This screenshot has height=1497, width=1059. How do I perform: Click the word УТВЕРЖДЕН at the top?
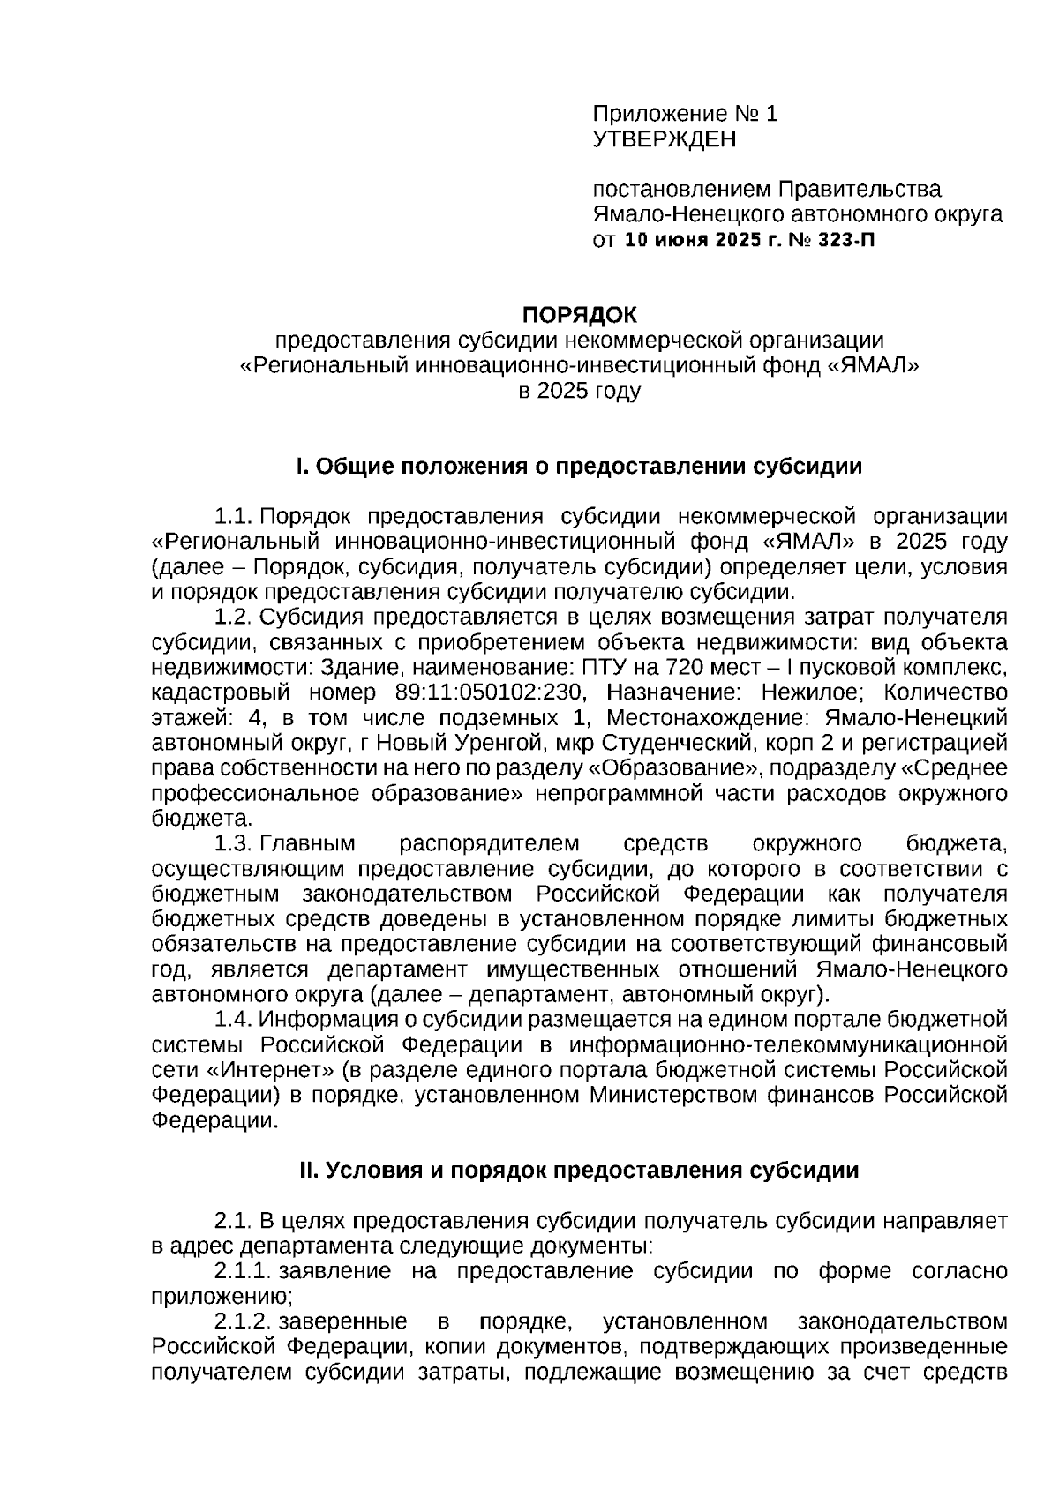tap(664, 139)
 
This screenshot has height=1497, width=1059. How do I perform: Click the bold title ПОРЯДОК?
tap(579, 314)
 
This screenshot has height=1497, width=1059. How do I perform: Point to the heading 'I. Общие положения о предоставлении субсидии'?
tap(579, 466)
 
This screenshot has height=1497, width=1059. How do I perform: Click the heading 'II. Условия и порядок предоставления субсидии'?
tap(579, 1170)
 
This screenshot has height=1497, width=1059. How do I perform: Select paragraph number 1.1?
tap(235, 516)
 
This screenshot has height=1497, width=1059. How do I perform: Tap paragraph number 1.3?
tap(235, 844)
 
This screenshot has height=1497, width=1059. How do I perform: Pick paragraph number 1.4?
tap(235, 1020)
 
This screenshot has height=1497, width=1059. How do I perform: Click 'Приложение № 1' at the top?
tap(685, 114)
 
